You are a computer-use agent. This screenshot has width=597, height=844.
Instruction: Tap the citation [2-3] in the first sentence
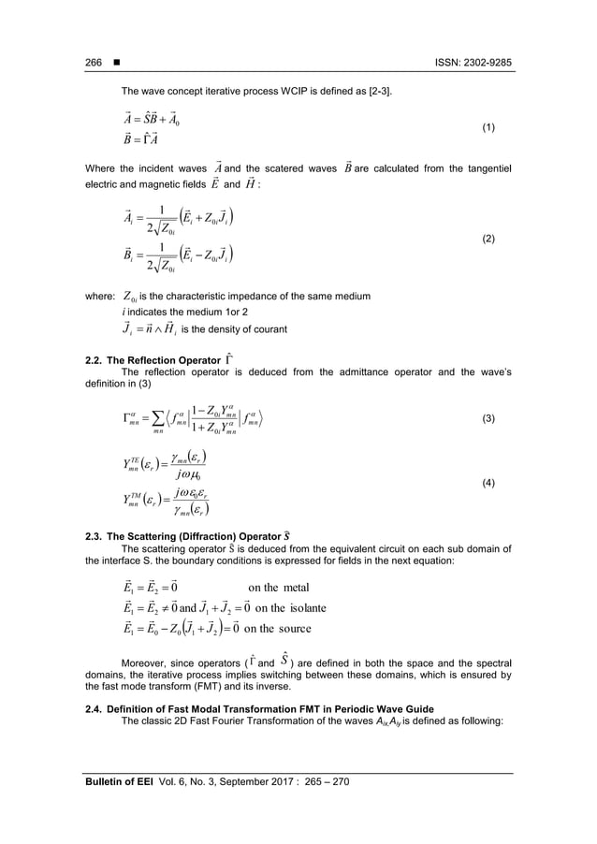[x=379, y=91]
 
